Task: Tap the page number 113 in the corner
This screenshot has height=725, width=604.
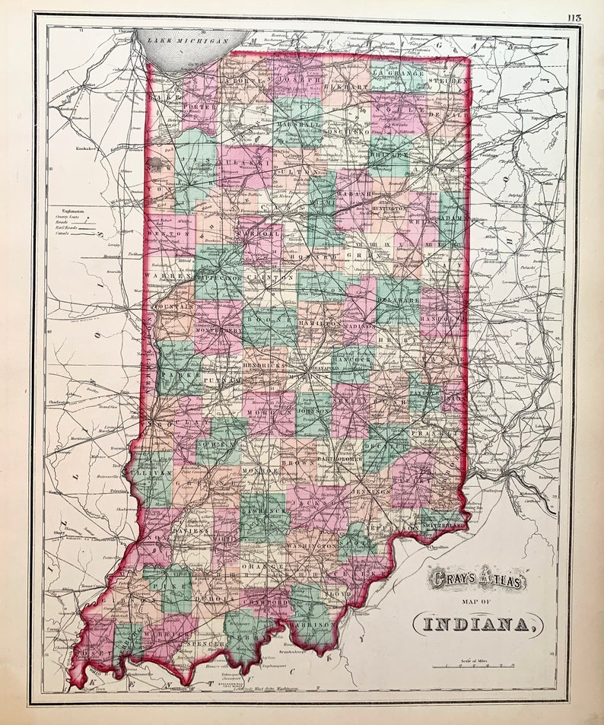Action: point(574,18)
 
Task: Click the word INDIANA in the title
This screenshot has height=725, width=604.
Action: point(478,625)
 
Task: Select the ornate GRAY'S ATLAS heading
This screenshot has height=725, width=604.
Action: point(477,579)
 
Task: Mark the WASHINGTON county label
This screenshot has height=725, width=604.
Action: point(312,545)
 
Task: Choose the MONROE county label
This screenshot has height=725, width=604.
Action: point(260,471)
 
